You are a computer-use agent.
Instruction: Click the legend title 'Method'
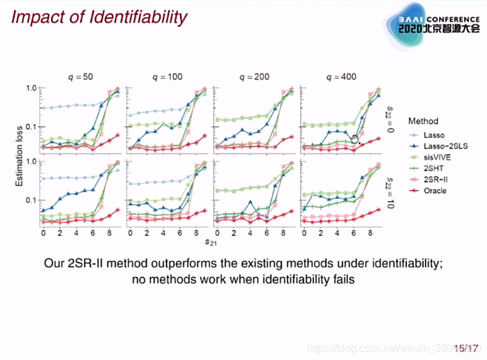tap(423, 121)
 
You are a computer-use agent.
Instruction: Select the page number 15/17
tap(467, 348)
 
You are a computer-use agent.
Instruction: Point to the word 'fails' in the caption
tap(342, 279)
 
